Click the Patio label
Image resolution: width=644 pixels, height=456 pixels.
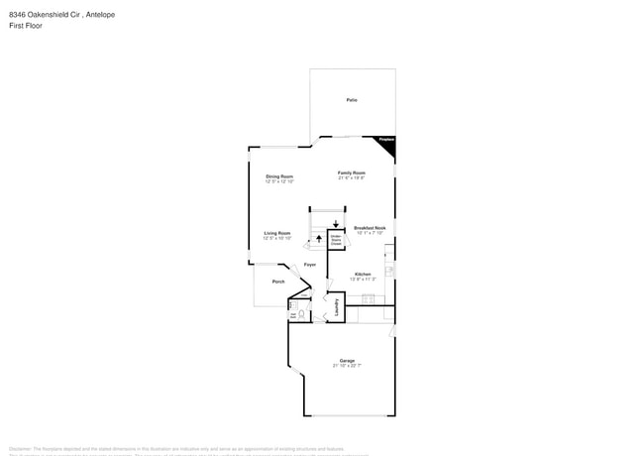click(x=352, y=100)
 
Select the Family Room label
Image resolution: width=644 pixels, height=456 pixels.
click(x=352, y=172)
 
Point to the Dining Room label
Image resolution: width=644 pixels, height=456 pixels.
click(x=278, y=176)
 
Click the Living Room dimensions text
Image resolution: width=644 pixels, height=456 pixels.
click(x=276, y=238)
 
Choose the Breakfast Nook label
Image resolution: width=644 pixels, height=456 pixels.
click(x=370, y=228)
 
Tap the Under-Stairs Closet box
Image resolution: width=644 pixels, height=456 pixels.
click(x=336, y=239)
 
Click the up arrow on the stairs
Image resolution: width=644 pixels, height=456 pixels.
click(x=319, y=239)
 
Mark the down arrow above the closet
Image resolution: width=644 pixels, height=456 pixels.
click(x=336, y=224)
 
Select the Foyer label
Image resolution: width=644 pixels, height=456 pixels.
click(x=310, y=265)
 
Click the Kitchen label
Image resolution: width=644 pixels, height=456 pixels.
click(x=364, y=274)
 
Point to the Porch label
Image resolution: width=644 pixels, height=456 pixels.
click(x=266, y=282)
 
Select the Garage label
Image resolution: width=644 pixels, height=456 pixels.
click(x=347, y=360)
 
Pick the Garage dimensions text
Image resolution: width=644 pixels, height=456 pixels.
click(x=347, y=366)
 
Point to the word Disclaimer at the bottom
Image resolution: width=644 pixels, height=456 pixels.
click(x=21, y=447)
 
